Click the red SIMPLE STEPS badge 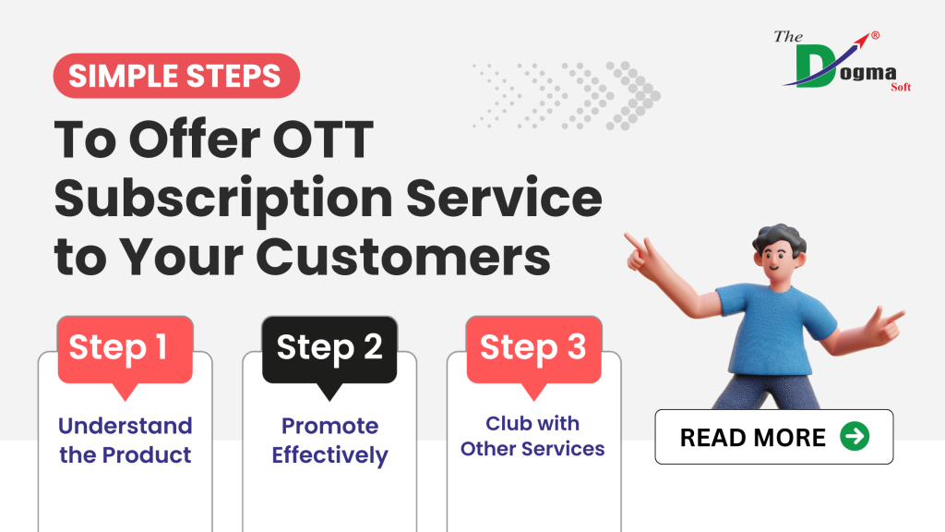click(175, 76)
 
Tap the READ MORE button click(773, 437)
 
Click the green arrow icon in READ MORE click(855, 437)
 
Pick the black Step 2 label click(329, 348)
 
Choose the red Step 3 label click(533, 348)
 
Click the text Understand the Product click(125, 441)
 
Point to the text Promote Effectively click(329, 441)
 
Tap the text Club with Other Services click(532, 436)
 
